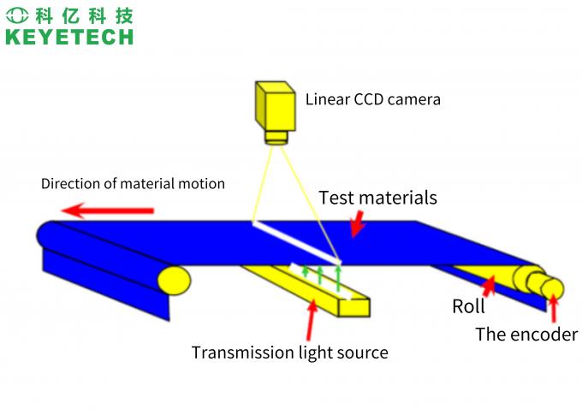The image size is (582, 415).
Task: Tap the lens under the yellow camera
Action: [x=276, y=137]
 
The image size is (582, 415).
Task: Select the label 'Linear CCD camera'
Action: [x=373, y=99]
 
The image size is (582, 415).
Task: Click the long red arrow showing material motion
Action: [x=111, y=210]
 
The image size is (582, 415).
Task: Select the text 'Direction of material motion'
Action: [x=133, y=183]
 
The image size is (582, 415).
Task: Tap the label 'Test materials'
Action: [x=377, y=198]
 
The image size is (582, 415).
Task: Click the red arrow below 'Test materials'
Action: [x=356, y=225]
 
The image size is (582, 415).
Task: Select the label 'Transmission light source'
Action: [x=289, y=353]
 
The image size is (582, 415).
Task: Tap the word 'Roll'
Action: [x=468, y=306]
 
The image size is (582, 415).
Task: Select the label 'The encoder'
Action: [x=526, y=335]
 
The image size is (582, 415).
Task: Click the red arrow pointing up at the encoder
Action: [x=553, y=306]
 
